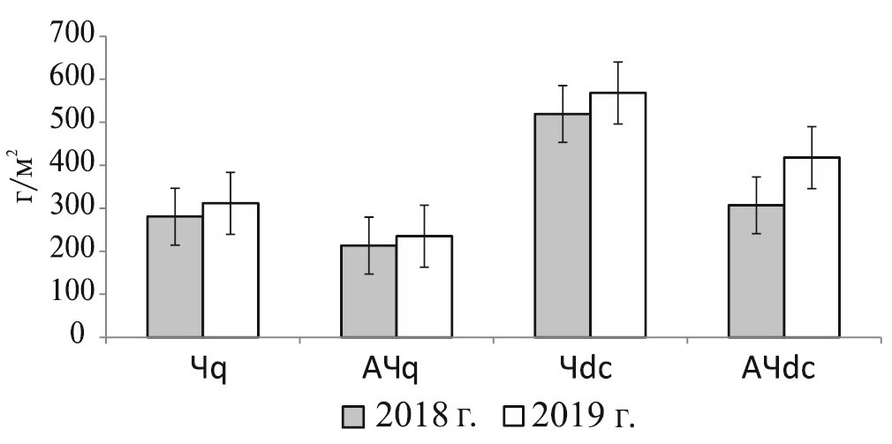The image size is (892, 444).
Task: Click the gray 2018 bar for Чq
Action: (175, 277)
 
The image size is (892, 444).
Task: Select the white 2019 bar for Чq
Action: (231, 270)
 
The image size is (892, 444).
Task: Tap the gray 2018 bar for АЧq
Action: (368, 291)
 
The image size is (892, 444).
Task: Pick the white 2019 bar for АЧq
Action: (424, 287)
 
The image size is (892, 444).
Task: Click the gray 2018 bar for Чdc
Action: (562, 225)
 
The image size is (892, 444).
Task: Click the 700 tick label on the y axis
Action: (76, 37)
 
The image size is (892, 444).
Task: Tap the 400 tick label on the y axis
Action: (76, 166)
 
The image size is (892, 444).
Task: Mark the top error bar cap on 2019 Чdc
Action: (618, 62)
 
